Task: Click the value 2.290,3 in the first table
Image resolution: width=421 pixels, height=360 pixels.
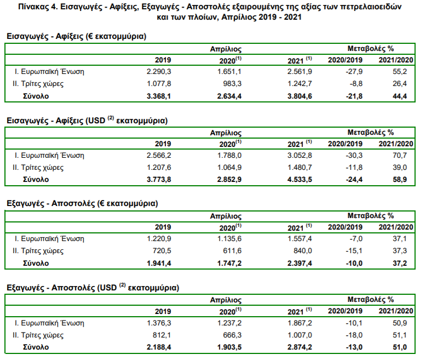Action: coord(159,72)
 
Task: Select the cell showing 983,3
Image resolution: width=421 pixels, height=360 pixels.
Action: coord(232,84)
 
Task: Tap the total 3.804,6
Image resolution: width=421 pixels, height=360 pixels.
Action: coord(299,96)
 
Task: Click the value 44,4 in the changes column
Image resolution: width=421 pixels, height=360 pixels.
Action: coord(400,96)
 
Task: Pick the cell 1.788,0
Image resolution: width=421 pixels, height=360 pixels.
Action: coord(229,156)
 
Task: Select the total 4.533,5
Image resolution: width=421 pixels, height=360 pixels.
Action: coord(299,180)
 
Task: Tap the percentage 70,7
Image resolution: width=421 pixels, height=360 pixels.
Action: coord(400,156)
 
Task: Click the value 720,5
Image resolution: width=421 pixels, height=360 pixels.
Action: coord(162,251)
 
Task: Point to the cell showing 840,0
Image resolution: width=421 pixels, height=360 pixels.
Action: coord(303,251)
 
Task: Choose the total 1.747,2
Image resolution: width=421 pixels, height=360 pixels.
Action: coord(229,263)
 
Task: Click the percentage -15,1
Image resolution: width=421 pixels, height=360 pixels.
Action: coord(354,251)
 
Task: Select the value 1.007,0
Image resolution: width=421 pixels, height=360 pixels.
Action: coord(299,335)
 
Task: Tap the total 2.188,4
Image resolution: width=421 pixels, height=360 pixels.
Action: coord(159,347)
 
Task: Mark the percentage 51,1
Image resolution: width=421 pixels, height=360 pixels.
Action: coord(400,335)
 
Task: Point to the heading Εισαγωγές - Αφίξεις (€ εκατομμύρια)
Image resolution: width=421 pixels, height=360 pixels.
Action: coord(77,36)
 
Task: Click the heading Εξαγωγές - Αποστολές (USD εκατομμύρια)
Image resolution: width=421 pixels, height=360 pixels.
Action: coord(93,288)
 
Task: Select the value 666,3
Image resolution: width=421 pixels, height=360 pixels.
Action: coord(232,335)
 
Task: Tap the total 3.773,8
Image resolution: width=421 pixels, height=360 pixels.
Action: coord(159,180)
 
